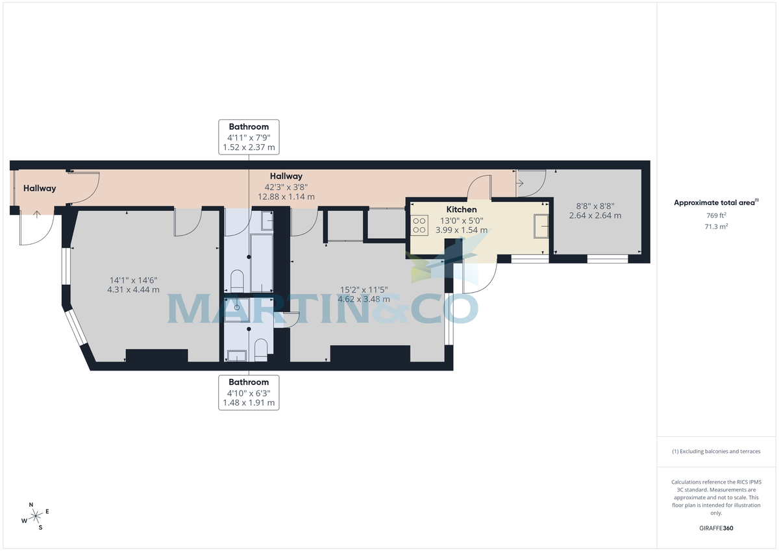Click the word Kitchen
(462, 210)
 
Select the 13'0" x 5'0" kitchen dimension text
(462, 220)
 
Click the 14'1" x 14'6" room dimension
(132, 280)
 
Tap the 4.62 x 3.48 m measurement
(364, 299)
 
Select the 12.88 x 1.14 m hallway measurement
(286, 197)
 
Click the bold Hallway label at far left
(40, 189)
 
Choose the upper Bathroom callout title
(249, 126)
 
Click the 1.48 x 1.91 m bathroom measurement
(249, 403)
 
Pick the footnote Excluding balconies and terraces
(715, 451)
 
